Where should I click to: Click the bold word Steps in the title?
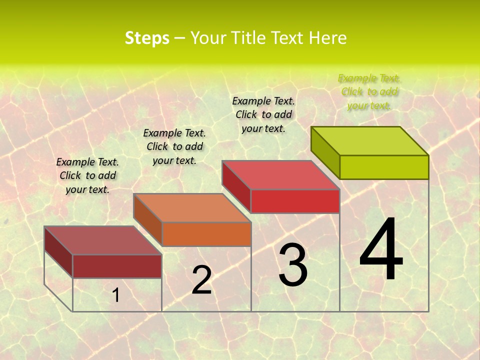(147, 38)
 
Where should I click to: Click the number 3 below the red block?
(293, 265)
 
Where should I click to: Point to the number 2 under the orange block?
(201, 280)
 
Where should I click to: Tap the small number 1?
(116, 295)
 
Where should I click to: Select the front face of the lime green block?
(384, 167)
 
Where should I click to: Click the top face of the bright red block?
(281, 175)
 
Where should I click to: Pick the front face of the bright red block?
(295, 201)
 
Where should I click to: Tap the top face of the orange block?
(192, 208)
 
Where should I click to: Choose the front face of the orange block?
(206, 234)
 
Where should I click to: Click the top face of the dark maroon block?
(103, 240)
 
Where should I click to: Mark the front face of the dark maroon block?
(117, 266)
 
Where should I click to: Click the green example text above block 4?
(369, 92)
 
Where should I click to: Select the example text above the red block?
(263, 114)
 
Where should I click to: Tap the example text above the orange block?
(174, 146)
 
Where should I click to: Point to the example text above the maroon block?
(87, 175)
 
